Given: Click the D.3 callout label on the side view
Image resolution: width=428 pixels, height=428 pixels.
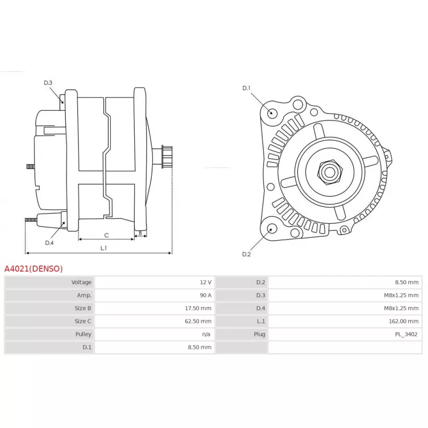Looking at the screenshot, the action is (48, 83).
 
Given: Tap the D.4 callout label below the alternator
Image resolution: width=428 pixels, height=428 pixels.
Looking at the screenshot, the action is (49, 243).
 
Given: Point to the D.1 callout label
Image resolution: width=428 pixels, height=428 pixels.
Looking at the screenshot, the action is (247, 88).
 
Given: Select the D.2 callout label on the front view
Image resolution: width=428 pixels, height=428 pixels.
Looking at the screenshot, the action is (247, 254).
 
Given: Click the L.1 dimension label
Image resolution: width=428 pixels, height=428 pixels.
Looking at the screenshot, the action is (103, 248).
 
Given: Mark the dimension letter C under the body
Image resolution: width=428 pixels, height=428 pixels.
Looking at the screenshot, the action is (106, 235).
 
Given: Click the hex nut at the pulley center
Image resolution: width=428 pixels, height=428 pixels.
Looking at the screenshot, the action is (330, 172).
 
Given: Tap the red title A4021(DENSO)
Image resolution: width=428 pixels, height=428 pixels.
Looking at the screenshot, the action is (34, 269).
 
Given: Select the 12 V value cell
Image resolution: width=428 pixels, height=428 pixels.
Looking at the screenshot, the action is (205, 282).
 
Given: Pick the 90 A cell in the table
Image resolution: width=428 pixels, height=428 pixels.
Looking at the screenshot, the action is (205, 295).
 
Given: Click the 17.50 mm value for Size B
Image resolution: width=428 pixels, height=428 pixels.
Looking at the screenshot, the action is (198, 308).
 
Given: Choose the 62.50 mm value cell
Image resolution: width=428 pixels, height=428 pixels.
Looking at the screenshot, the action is (198, 322).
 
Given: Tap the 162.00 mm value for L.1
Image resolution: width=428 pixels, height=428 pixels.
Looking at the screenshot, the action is (404, 322).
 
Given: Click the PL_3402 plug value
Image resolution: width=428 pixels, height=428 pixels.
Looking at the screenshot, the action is (407, 334).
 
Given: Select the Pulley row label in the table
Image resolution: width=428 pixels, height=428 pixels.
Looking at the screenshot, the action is (83, 334).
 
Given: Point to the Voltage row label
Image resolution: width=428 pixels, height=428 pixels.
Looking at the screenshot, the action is (81, 282).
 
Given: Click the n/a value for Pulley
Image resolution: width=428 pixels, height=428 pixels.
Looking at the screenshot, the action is (206, 334).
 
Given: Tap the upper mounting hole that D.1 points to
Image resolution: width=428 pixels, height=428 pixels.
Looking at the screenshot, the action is (272, 113).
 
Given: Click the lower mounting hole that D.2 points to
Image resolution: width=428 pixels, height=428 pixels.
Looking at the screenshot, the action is (272, 229).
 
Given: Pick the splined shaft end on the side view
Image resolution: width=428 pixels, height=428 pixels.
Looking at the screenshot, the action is (167, 157).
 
